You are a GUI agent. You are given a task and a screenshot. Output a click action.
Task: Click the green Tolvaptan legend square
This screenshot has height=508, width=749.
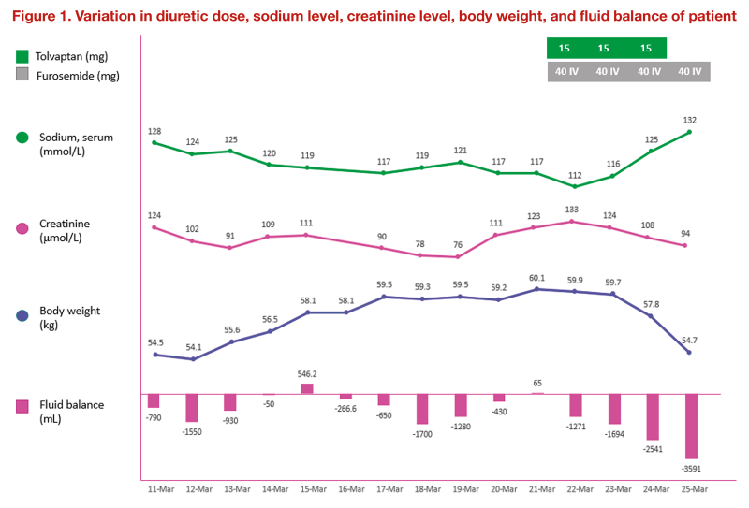pos(23,57)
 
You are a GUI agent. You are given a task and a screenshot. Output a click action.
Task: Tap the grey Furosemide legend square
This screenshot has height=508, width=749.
pos(23,75)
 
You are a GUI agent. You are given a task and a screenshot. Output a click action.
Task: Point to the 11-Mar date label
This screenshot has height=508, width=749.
pos(154,488)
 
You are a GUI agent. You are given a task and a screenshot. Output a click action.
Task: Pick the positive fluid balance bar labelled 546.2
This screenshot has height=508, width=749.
pos(307,388)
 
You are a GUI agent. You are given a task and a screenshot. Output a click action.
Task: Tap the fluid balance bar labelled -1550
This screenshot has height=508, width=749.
pos(192,407)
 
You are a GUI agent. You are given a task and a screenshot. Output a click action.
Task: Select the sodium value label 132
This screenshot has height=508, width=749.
pos(690,120)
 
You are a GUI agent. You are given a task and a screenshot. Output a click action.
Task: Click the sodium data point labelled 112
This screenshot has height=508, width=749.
pos(575,186)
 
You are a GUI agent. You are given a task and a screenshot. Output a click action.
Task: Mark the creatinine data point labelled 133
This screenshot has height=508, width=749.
pos(575,222)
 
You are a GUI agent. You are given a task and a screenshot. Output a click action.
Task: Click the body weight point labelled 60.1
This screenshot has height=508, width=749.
pos(536,289)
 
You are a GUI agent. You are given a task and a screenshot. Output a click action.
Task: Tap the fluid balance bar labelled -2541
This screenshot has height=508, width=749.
pos(652,416)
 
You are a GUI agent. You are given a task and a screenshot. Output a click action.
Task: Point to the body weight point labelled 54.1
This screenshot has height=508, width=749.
pos(192,359)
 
